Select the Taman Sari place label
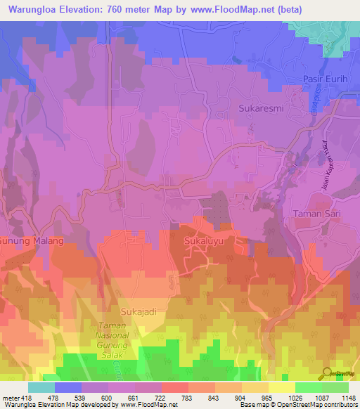[316, 212]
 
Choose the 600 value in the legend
[96, 398]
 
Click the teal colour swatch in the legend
[41, 387]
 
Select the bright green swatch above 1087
[309, 387]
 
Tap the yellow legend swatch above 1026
[282, 387]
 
